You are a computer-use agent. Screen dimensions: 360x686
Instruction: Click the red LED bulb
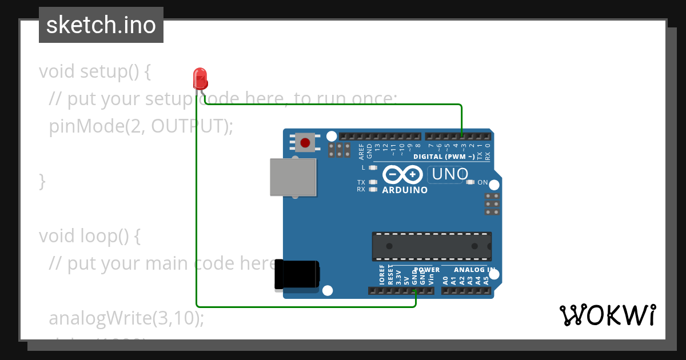coord(200,78)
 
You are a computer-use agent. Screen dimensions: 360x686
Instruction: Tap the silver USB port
coord(293,177)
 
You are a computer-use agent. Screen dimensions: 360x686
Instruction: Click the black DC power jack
coord(297,274)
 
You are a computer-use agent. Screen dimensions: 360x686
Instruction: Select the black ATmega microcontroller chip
coord(432,246)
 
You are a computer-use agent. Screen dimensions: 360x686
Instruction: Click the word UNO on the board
coord(450,174)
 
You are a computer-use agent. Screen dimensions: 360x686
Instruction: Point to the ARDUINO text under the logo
coord(405,190)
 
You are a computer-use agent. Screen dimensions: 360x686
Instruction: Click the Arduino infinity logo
coord(402,174)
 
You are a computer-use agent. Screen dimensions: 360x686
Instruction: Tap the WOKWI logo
coord(607,315)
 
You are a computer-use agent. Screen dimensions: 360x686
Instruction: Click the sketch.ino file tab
coord(101,25)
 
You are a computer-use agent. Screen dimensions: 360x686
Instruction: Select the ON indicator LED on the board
coord(470,182)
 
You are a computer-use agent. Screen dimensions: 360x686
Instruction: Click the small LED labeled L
coord(373,168)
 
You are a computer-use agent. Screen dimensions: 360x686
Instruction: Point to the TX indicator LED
coord(373,182)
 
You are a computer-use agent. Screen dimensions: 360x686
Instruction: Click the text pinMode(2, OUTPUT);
coord(141,126)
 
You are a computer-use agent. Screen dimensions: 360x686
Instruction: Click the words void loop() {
coord(89,235)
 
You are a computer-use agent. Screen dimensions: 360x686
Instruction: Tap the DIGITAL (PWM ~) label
coord(444,156)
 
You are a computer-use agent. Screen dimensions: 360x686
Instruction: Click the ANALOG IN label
coord(474,270)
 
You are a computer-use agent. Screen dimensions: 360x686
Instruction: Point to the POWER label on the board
coord(427,270)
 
